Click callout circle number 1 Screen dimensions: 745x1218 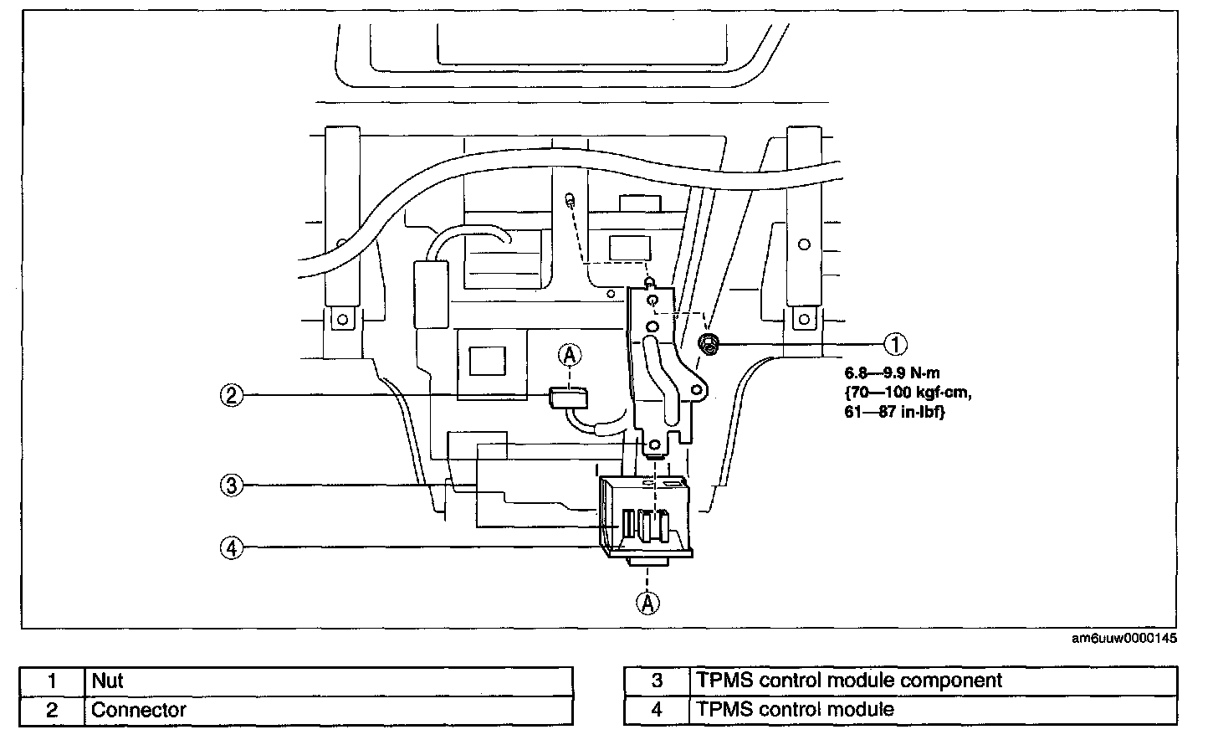pos(895,343)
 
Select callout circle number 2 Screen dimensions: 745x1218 pos(232,395)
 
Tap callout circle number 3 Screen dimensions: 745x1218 pos(232,485)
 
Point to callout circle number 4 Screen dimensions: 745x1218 pos(232,547)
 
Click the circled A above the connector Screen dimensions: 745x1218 pos(570,356)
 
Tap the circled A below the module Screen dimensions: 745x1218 pos(647,602)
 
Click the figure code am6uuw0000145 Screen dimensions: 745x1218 pos(1124,639)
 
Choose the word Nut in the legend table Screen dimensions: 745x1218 pos(108,681)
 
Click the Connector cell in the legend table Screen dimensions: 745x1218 pos(139,711)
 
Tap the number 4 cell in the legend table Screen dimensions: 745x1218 pos(657,711)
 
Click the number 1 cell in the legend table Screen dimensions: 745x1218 pos(52,681)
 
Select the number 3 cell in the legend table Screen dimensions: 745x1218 pos(657,681)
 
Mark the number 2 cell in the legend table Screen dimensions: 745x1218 pos(52,711)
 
